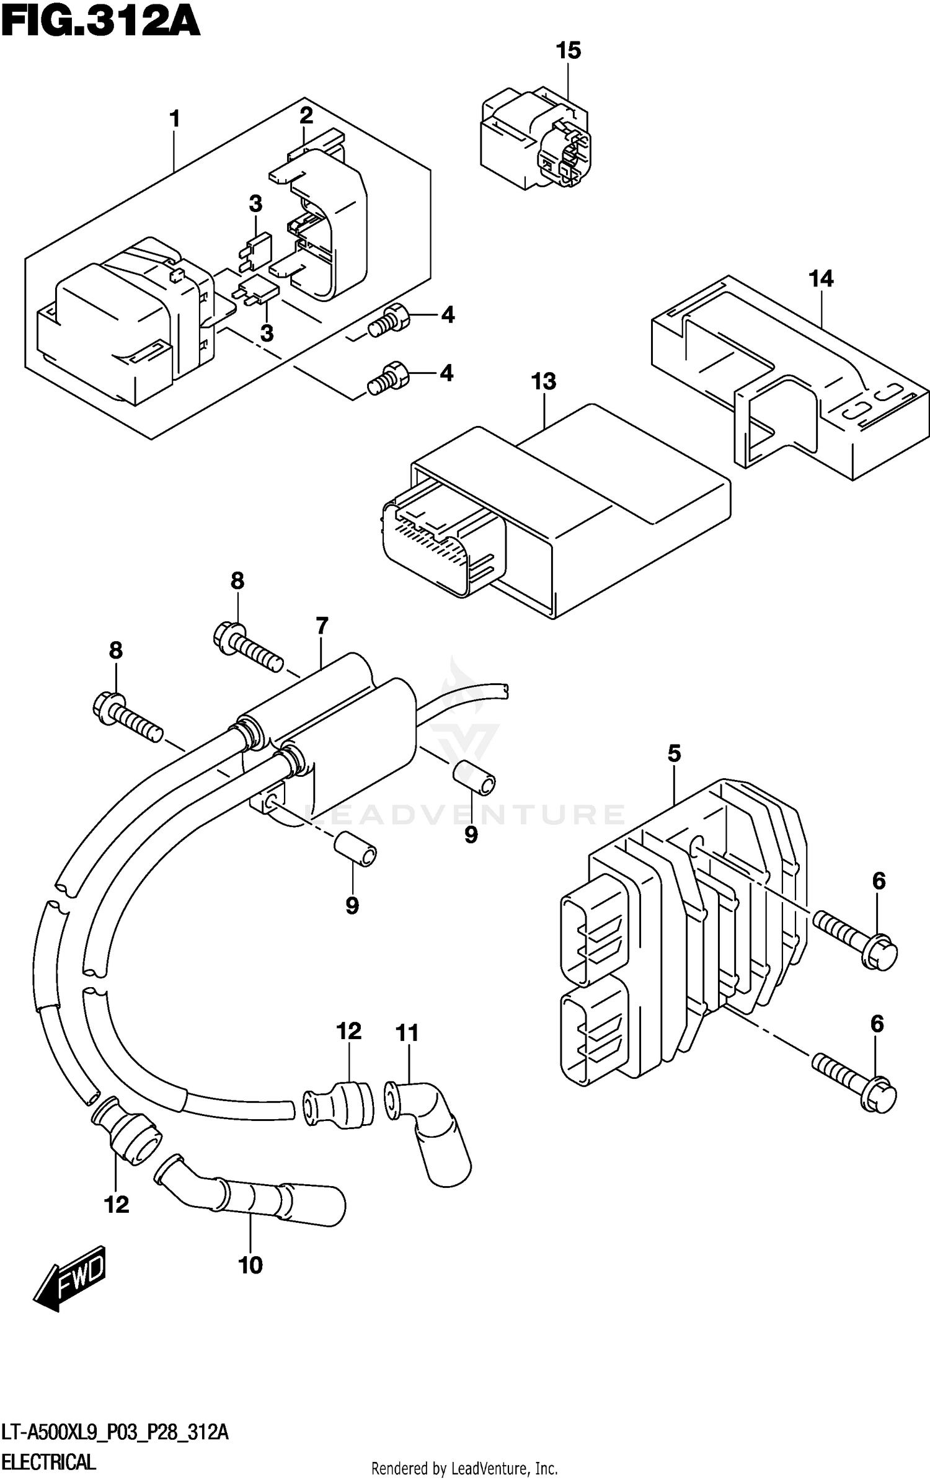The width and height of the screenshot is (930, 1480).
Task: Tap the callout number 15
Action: [568, 51]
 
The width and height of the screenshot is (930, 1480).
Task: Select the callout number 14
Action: [821, 279]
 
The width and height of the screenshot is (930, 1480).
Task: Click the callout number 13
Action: [543, 382]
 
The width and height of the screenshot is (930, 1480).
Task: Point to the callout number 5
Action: [674, 754]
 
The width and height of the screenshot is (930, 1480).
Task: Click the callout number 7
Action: [321, 627]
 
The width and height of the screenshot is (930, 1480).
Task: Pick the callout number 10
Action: [250, 1265]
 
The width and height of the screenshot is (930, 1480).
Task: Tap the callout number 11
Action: [407, 1034]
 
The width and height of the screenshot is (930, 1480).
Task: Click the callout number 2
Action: [306, 116]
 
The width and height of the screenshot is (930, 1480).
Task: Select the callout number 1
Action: [175, 118]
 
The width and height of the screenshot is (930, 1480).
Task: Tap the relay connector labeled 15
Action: [535, 140]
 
